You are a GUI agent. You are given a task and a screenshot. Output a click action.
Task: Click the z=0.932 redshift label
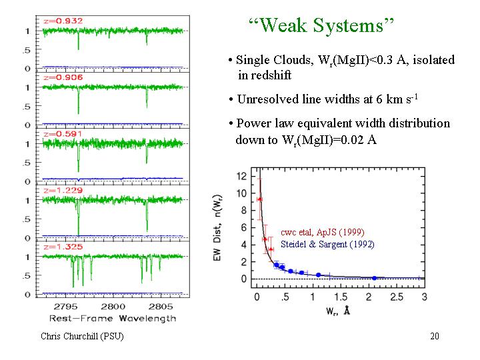tap(63, 21)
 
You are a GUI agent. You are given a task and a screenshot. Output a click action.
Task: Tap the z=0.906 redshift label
tap(63, 77)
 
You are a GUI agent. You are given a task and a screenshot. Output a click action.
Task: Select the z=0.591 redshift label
tap(63, 134)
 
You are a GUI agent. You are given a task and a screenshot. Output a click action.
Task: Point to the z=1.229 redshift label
tap(63, 191)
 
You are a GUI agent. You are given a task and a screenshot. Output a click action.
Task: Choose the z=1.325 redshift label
tap(63, 247)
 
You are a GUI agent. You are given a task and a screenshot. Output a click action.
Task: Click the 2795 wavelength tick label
tap(65, 307)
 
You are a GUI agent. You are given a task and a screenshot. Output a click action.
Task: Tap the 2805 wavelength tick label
tap(161, 307)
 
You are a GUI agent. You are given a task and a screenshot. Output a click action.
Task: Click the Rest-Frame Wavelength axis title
tap(113, 319)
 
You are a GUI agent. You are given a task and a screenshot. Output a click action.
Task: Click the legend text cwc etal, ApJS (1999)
tap(323, 233)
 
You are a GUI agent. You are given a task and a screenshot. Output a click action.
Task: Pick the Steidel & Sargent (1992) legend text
tap(327, 244)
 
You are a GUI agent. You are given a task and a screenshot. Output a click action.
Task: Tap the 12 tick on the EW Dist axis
tap(241, 176)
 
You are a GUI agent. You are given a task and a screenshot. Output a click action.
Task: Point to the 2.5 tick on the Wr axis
tap(397, 297)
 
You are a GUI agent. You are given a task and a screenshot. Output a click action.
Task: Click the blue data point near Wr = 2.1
tap(375, 278)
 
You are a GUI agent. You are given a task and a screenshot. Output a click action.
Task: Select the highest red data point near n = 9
tap(260, 199)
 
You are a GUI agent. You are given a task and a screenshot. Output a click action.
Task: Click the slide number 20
tap(435, 336)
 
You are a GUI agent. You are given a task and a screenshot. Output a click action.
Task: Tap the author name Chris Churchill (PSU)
tap(82, 336)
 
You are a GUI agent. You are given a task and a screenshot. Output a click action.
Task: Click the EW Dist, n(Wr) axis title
tap(217, 228)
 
